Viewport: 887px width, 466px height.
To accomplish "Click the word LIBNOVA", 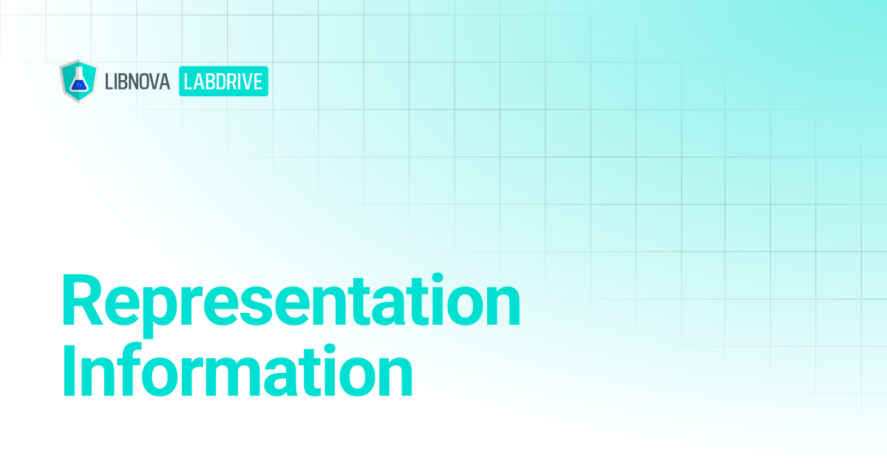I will pyautogui.click(x=138, y=81).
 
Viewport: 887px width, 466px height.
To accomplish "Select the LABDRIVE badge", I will pyautogui.click(x=223, y=81).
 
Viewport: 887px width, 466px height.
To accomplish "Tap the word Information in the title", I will pyautogui.click(x=237, y=373).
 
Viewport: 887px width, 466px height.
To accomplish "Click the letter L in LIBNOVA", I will pyautogui.click(x=110, y=81).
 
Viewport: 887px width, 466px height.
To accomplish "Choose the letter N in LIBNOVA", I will pyautogui.click(x=137, y=81).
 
